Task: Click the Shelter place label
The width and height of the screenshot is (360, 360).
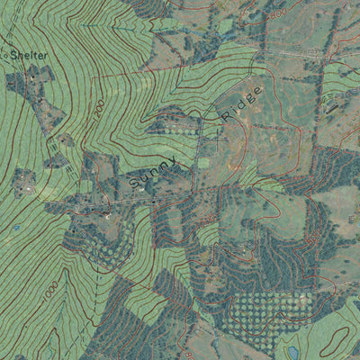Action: pos(28,55)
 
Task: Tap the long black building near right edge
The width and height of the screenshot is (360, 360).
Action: pos(335,109)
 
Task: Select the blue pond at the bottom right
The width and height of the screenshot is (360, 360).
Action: pos(288,350)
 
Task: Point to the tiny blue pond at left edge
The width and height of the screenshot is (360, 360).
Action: pos(15,228)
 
